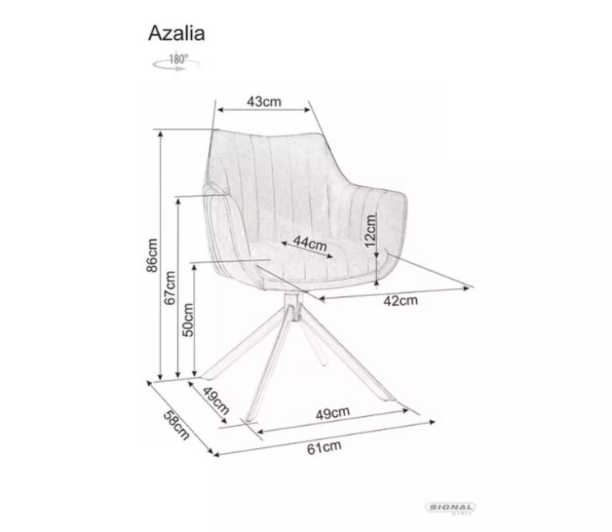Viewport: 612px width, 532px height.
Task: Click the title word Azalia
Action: (x=176, y=33)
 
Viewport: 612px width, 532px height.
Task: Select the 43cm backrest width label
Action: (x=263, y=101)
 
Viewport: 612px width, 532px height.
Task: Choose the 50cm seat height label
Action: (x=188, y=320)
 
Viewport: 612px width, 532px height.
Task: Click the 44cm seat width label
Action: (x=310, y=243)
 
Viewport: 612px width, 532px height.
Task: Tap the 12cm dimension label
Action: (x=370, y=231)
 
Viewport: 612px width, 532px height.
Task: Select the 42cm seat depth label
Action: (x=401, y=300)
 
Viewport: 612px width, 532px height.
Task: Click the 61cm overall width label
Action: (x=324, y=446)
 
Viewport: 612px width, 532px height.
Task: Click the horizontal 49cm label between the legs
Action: (x=332, y=413)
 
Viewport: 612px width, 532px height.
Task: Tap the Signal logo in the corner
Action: (x=451, y=508)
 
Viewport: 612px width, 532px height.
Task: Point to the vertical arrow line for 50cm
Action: (x=196, y=320)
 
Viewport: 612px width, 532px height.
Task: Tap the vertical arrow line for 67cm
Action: (x=178, y=287)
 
